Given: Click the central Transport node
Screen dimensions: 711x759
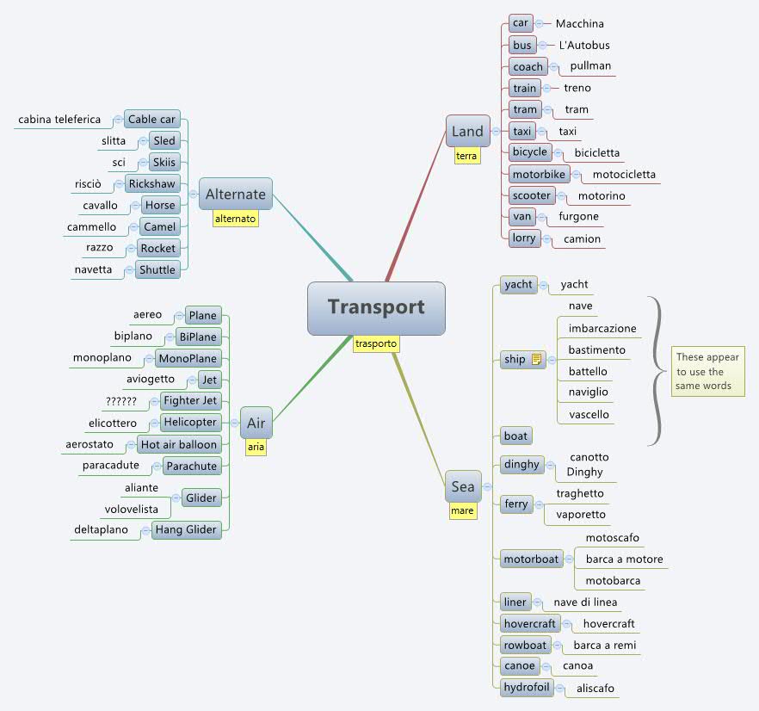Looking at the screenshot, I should pos(376,307).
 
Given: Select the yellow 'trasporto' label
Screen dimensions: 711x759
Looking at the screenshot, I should pos(376,343).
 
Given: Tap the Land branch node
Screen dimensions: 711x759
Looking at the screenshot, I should pos(467,131).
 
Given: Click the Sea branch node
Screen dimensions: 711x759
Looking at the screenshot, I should pos(462,486).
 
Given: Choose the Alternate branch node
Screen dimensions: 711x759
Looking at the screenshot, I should pos(235,195).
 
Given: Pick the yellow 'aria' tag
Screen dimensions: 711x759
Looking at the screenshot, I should pos(256,447).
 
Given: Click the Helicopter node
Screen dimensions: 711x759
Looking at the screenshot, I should pos(190,423).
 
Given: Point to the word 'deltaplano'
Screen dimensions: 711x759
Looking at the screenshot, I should pos(101,529).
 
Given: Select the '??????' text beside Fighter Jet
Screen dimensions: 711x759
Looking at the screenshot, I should pos(120,401).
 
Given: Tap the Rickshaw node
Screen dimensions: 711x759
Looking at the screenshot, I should pos(151,183).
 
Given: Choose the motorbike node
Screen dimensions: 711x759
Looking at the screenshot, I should pos(538,174).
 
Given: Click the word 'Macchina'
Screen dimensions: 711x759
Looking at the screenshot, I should pos(579,23).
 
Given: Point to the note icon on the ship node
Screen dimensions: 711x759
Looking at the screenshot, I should pos(536,360).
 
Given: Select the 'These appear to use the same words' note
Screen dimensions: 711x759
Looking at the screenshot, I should pos(707,371).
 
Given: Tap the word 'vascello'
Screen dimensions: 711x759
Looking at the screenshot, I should pos(589,414).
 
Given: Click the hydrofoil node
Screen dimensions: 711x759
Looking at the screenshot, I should pos(527,687).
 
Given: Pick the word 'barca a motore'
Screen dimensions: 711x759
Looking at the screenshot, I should pos(624,560).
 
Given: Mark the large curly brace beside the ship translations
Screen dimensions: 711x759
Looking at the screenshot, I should pos(657,370).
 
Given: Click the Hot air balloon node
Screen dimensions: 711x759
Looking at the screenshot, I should pos(179,444).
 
